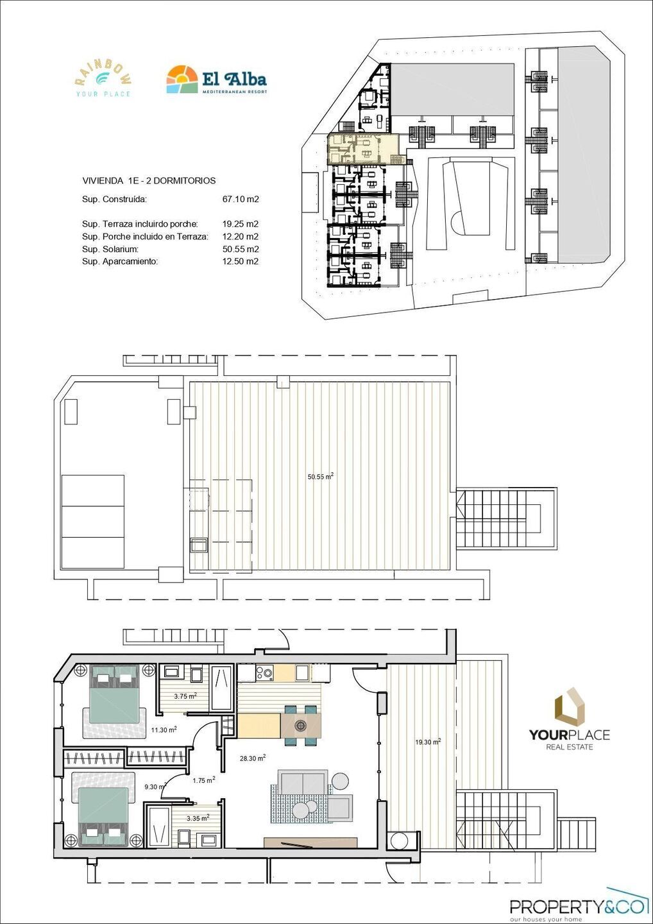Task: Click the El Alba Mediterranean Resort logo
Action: pyautogui.click(x=216, y=80)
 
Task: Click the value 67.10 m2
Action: pyautogui.click(x=240, y=200)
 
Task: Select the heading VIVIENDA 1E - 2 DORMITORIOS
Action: pyautogui.click(x=149, y=181)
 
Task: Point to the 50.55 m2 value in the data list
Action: pyautogui.click(x=240, y=249)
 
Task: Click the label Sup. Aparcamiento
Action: pyautogui.click(x=120, y=261)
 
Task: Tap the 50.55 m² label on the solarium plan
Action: pyautogui.click(x=320, y=477)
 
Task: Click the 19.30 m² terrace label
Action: pyautogui.click(x=427, y=742)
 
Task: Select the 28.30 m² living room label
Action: pyautogui.click(x=253, y=758)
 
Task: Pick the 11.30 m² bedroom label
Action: pyautogui.click(x=164, y=730)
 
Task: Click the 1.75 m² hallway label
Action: pyautogui.click(x=204, y=780)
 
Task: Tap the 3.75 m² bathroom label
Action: pyautogui.click(x=185, y=696)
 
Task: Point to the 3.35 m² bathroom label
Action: pyautogui.click(x=197, y=818)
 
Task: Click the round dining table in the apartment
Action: pyautogui.click(x=300, y=726)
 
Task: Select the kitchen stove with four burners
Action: pyautogui.click(x=264, y=672)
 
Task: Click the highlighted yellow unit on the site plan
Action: pyautogui.click(x=362, y=148)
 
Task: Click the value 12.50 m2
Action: pyautogui.click(x=240, y=261)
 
